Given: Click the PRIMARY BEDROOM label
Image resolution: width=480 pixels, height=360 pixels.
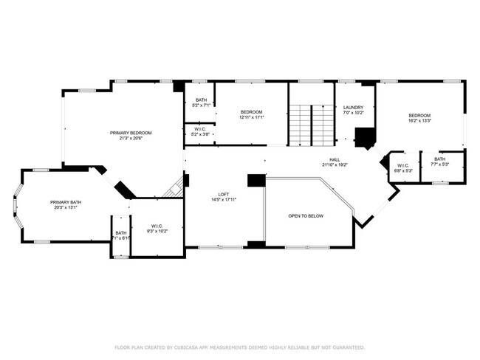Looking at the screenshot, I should click(126, 133).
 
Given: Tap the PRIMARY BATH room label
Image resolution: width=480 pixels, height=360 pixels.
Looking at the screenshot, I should click(65, 202).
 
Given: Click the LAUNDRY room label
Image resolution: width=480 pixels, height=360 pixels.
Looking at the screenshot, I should click(354, 108).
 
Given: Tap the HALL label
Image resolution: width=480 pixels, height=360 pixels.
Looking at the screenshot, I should click(334, 159).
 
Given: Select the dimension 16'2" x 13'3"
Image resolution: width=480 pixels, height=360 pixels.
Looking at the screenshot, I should click(419, 121).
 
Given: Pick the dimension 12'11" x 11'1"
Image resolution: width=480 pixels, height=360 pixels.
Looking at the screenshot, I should click(251, 117).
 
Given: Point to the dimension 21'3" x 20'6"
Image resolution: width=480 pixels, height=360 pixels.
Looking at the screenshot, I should click(126, 139).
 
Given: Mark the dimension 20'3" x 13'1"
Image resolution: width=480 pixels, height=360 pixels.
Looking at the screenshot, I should click(65, 208).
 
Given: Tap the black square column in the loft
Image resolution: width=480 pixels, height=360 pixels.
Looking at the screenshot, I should click(256, 180).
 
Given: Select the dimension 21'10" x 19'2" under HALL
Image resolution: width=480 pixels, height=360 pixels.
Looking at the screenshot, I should click(334, 165).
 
